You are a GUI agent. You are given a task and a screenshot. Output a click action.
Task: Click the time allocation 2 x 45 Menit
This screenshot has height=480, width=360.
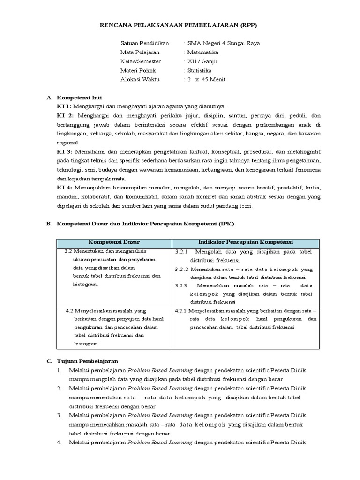[206, 79]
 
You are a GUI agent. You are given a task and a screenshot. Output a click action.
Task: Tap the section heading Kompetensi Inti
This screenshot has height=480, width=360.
[78, 97]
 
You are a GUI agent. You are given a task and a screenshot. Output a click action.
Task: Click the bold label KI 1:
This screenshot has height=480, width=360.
[64, 106]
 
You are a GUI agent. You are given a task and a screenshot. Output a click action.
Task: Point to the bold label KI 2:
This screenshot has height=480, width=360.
[64, 115]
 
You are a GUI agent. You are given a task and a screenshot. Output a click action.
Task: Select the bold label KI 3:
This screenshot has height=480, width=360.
[64, 152]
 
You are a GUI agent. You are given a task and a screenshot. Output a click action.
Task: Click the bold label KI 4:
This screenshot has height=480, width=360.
[64, 188]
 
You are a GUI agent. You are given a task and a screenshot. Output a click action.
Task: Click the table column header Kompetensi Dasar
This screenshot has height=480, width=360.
[114, 242]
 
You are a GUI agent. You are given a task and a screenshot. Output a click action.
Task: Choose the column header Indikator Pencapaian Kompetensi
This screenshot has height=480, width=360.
[246, 242]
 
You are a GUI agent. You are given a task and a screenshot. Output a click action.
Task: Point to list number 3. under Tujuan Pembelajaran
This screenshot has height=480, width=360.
[60, 415]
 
